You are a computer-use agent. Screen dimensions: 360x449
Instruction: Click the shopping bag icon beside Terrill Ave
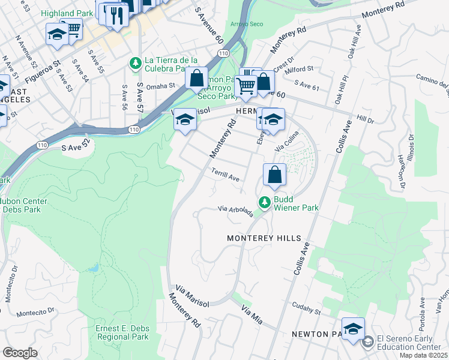274,175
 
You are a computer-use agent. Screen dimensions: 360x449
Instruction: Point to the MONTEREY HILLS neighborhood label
264,238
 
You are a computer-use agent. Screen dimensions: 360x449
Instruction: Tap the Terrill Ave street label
226,175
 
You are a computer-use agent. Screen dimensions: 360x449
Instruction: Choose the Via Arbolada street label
235,211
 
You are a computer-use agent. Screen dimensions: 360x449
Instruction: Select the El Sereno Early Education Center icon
367,342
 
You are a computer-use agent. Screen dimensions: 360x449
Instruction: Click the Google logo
20,353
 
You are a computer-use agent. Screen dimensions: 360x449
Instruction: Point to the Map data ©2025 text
424,355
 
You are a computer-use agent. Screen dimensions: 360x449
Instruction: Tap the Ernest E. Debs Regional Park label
122,333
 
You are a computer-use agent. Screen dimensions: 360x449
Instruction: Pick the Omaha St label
160,86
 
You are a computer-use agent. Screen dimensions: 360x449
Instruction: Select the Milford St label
300,69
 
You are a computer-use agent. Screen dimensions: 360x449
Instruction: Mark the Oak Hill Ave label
354,42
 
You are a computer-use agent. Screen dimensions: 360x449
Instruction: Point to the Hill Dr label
365,120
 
